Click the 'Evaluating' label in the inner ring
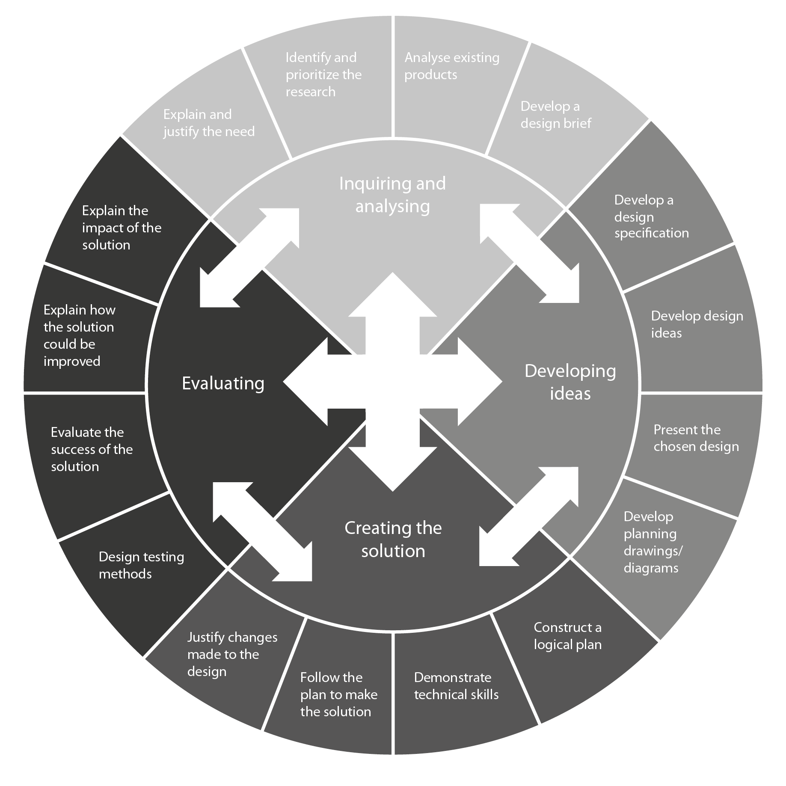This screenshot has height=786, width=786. (223, 383)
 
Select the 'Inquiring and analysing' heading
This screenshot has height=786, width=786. (392, 195)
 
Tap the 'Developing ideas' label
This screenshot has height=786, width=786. (570, 382)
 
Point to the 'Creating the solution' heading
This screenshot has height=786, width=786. (393, 539)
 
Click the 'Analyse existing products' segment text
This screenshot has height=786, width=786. (451, 66)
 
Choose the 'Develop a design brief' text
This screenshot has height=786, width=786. (555, 115)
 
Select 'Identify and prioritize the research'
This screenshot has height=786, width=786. (323, 74)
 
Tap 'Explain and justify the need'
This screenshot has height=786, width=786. (209, 123)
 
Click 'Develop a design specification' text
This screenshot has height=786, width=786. (651, 217)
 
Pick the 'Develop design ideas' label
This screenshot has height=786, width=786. (697, 324)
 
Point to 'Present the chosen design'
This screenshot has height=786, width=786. (696, 438)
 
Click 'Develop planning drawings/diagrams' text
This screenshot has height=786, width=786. (652, 542)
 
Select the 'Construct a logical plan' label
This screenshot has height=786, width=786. (567, 636)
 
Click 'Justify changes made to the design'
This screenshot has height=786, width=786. (232, 654)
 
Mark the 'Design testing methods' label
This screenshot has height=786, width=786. (141, 565)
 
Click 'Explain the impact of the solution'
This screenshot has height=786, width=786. (122, 228)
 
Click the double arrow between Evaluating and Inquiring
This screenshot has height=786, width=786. (249, 258)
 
